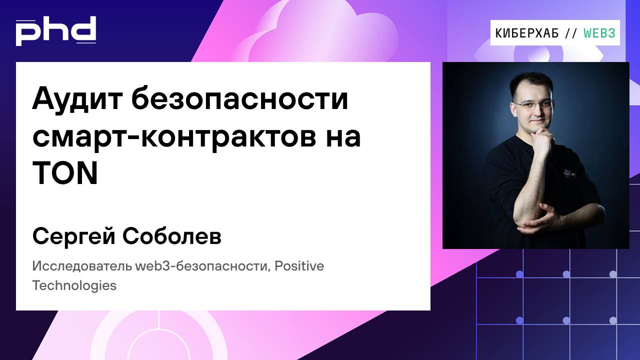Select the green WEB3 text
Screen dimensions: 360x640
pyautogui.click(x=599, y=33)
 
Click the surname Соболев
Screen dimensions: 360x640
pyautogui.click(x=171, y=237)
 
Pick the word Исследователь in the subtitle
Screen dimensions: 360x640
pyautogui.click(x=82, y=266)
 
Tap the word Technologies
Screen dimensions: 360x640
pyautogui.click(x=74, y=286)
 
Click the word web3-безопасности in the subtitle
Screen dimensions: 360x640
pyautogui.click(x=204, y=266)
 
